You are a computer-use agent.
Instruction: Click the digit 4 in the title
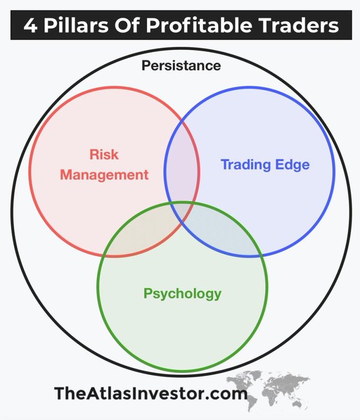30,25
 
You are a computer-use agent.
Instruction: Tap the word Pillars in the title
76,25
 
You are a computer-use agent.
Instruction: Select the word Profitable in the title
199,25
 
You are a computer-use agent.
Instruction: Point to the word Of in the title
127,25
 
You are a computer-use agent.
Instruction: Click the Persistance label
181,65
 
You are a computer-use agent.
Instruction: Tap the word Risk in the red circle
104,154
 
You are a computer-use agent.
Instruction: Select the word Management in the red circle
104,175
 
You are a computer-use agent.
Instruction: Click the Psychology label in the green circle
182,293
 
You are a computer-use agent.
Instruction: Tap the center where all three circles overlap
182,211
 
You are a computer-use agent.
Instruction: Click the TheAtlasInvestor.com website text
151,393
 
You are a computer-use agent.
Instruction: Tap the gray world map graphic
268,388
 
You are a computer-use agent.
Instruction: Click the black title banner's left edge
10,25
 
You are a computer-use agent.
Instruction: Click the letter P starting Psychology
148,293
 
